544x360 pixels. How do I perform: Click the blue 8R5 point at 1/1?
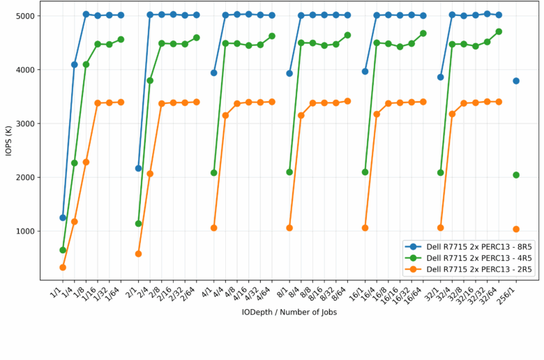tap(63, 218)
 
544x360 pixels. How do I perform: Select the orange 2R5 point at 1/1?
tap(63, 267)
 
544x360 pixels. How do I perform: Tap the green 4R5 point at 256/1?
tap(516, 175)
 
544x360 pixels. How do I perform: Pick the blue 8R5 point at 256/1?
tap(516, 81)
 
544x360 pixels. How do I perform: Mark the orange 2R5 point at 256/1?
tap(516, 229)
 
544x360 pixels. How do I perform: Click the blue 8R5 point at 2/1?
tap(138, 168)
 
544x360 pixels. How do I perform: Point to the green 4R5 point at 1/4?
tap(75, 163)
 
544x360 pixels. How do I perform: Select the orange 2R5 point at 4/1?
tap(214, 228)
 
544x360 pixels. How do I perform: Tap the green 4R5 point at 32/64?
tap(499, 31)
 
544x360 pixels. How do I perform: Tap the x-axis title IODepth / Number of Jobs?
tap(289, 313)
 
